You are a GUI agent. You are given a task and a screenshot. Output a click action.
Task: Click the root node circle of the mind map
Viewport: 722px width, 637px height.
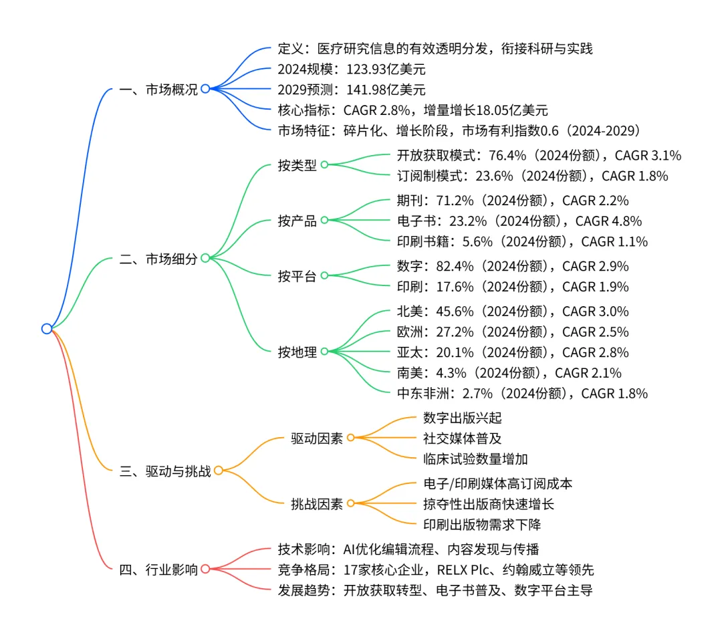(x=46, y=328)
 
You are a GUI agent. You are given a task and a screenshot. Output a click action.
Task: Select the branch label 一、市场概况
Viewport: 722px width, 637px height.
(x=158, y=90)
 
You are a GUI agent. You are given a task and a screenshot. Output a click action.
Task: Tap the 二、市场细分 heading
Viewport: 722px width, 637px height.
(x=158, y=259)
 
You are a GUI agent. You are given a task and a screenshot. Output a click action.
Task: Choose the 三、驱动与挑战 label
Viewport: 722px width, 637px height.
(x=165, y=471)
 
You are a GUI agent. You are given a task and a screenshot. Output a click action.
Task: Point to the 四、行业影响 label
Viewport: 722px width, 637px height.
(x=158, y=569)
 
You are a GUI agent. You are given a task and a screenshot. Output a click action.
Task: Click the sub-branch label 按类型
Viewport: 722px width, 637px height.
(x=297, y=165)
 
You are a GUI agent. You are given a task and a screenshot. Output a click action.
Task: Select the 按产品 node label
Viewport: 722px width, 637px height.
(x=297, y=221)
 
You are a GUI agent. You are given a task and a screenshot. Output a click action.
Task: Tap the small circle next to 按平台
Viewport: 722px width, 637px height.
(x=324, y=275)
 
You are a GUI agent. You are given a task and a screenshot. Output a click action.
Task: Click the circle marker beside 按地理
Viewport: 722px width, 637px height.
(x=324, y=352)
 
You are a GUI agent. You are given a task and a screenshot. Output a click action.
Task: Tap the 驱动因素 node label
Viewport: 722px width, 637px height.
(x=317, y=438)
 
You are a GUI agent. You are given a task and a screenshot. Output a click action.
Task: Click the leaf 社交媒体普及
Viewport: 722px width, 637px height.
(x=463, y=438)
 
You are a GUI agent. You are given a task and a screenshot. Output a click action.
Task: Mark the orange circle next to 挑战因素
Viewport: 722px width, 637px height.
(x=350, y=504)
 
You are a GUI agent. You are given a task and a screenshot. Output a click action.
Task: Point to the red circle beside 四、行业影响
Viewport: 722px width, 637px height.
(x=205, y=569)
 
